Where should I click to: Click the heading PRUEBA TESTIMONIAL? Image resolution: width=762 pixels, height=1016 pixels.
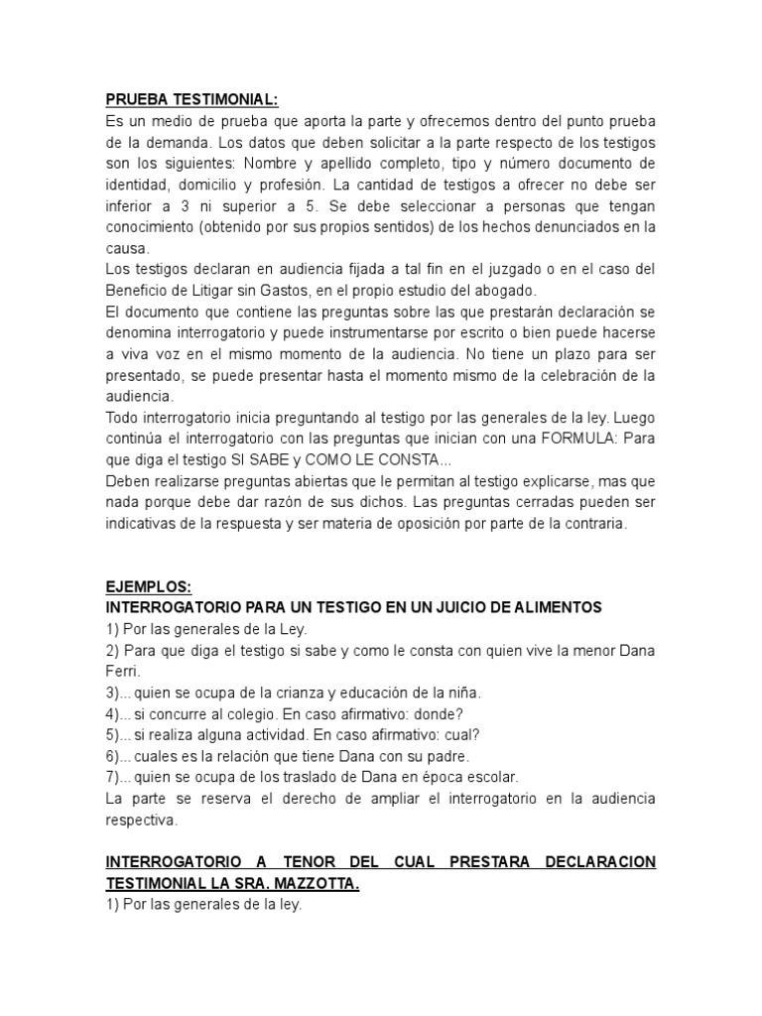click(191, 99)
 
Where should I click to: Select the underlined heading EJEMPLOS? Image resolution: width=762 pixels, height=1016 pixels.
click(147, 586)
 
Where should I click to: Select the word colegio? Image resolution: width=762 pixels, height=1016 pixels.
click(254, 713)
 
